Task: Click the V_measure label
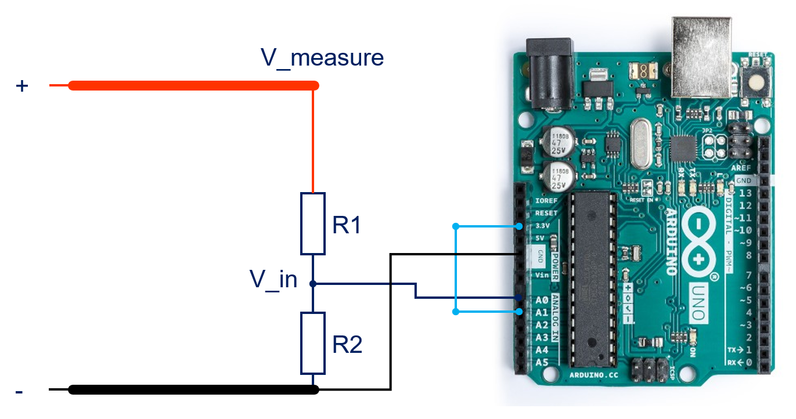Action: pos(322,58)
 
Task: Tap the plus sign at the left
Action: pos(21,86)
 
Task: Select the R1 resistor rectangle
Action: pos(313,224)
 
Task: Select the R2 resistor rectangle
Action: pos(313,343)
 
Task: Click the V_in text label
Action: pos(273,280)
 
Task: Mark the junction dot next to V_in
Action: pos(313,284)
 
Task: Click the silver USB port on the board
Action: pos(701,56)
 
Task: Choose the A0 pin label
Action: pos(541,301)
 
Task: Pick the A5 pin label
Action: pos(541,363)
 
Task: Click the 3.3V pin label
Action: pos(541,226)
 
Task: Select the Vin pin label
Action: pos(541,275)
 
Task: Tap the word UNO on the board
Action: pos(700,302)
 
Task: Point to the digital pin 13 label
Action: pos(744,193)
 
